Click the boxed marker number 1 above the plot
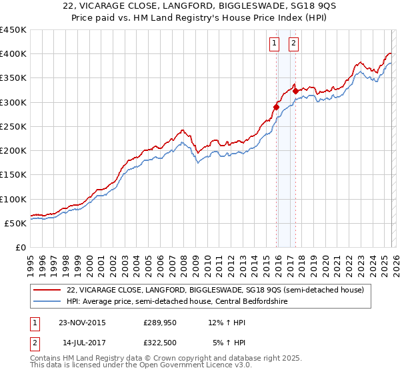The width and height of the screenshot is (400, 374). tap(274, 44)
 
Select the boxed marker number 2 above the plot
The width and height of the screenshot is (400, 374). tap(293, 44)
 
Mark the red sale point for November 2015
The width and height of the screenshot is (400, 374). tap(276, 107)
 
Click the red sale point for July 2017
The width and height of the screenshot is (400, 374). tap(295, 91)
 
